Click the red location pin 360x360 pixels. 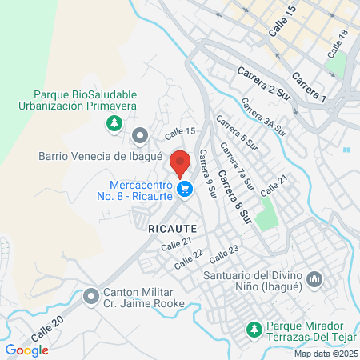point(180,162)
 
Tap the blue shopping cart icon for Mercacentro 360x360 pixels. point(186,190)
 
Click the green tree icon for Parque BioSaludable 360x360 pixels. point(114,123)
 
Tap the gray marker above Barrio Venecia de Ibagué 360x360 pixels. point(140,134)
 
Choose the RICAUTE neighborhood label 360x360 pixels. point(171,228)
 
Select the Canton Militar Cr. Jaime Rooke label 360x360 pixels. point(143,297)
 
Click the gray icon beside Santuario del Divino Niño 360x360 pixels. point(314,279)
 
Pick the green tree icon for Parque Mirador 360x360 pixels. point(254,329)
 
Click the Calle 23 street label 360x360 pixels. point(224,254)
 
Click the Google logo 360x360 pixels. point(26,350)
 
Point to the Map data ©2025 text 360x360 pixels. point(325,353)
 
